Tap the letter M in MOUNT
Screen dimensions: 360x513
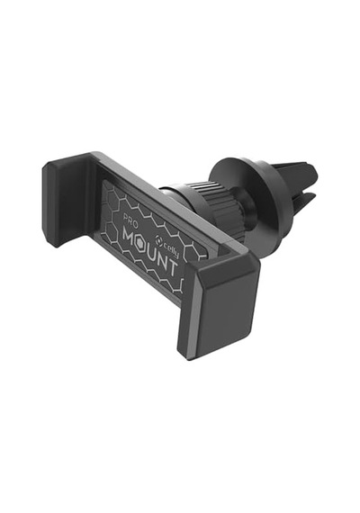click(130, 235)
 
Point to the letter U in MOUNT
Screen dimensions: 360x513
click(154, 253)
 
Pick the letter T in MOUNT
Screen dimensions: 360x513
click(173, 266)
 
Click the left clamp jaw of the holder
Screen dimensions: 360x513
click(66, 200)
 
